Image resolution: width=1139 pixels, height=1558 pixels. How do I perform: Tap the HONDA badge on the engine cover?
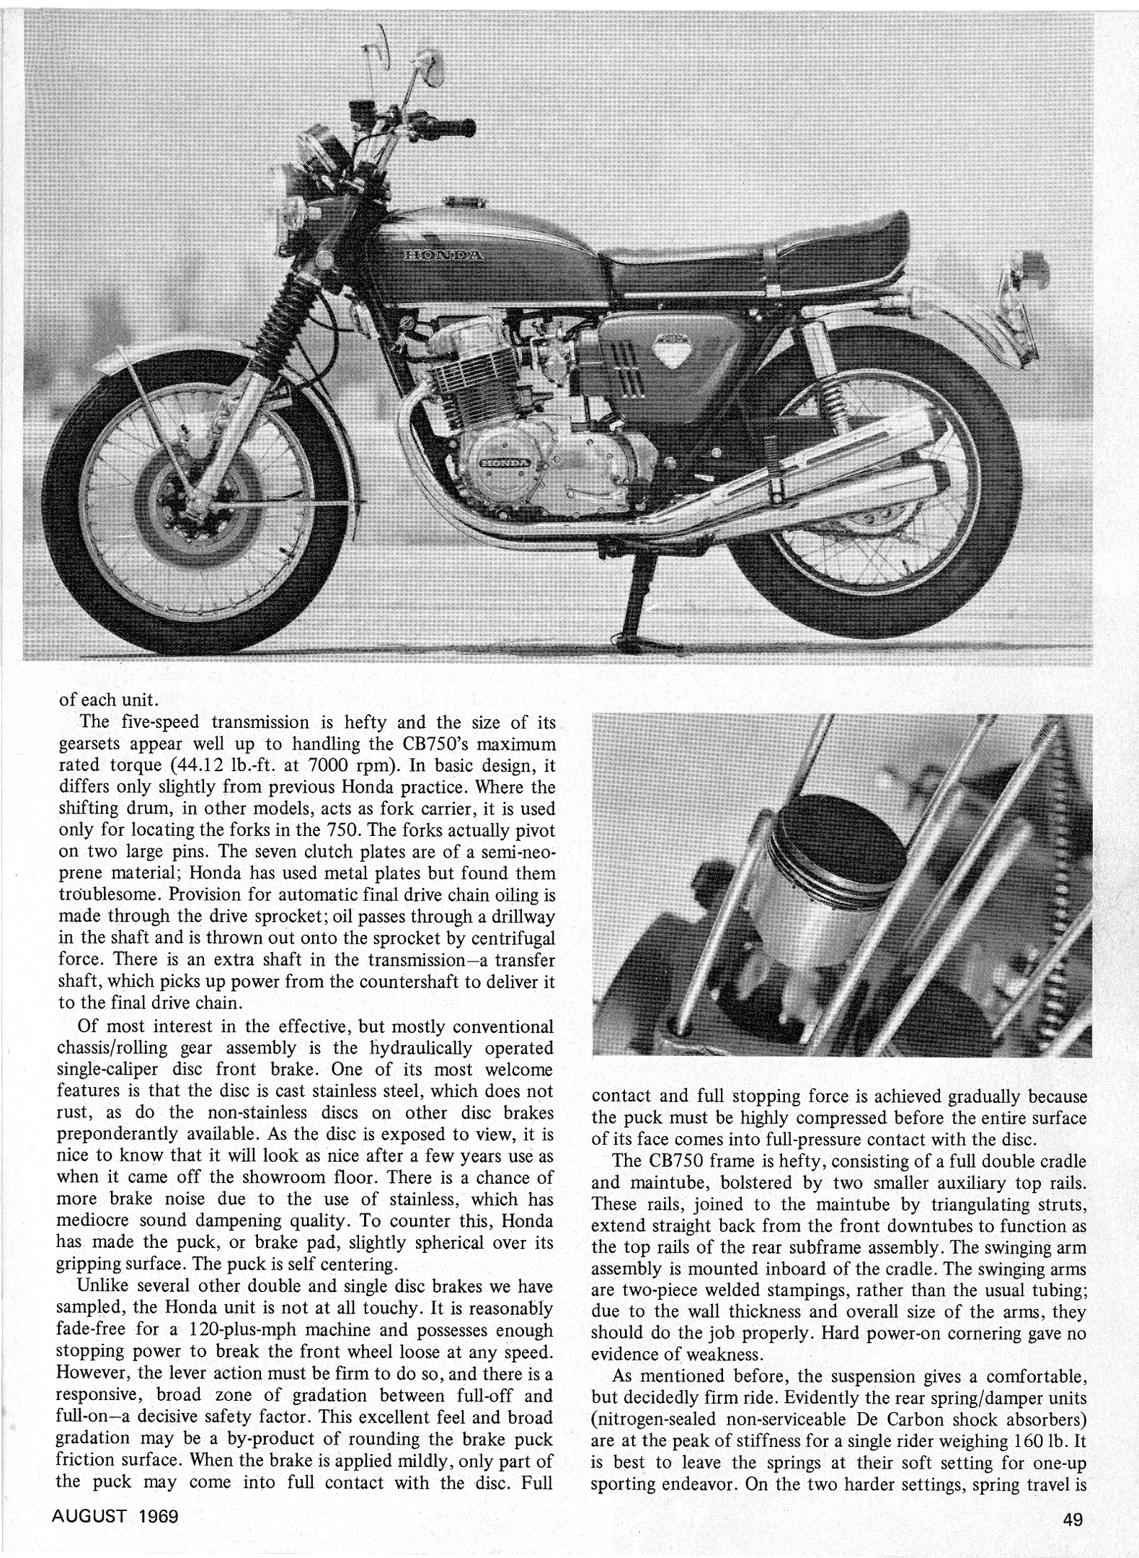click(504, 460)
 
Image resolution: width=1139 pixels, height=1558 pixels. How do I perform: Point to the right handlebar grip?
click(452, 130)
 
